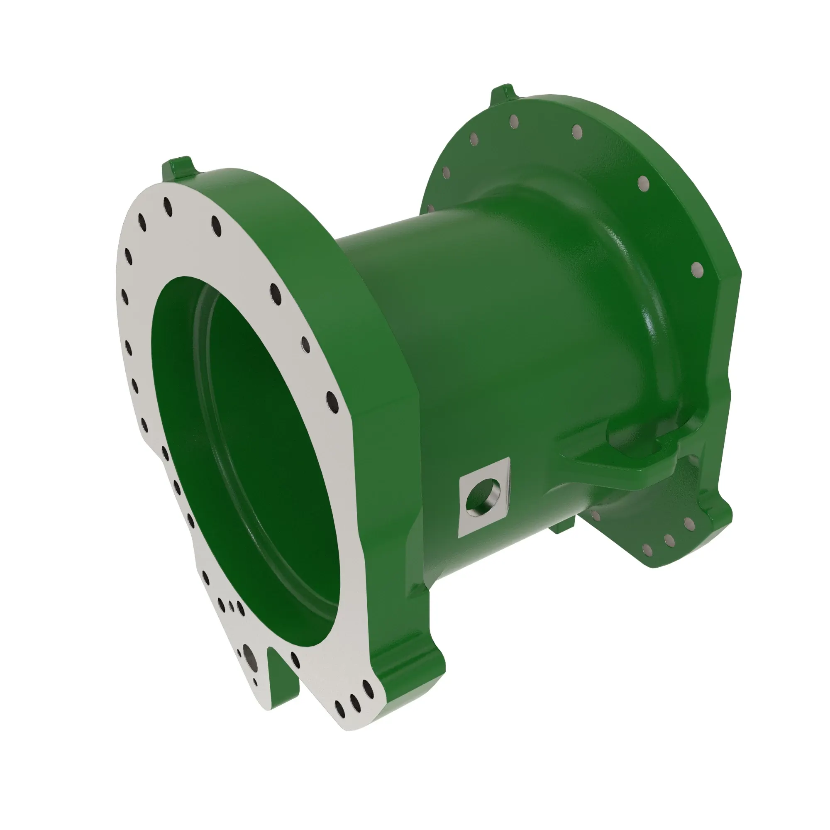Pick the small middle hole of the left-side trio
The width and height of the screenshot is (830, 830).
[231, 606]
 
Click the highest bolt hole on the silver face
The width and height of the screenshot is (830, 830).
[168, 207]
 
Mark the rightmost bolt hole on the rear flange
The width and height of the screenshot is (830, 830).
[698, 270]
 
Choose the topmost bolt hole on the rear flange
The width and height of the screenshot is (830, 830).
[513, 122]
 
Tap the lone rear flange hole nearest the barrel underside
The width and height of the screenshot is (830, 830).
[595, 515]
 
